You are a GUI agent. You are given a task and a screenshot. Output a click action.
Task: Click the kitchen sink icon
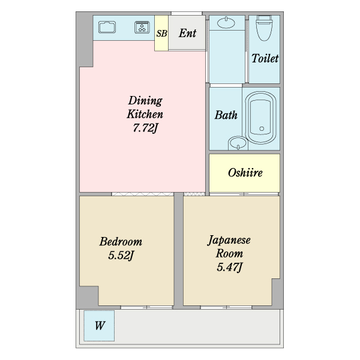(x=107, y=28)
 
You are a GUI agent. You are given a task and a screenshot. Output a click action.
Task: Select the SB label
(x=161, y=34)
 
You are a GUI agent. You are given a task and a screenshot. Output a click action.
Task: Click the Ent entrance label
(x=187, y=34)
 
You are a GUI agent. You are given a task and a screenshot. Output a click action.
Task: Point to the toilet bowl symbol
(x=264, y=27)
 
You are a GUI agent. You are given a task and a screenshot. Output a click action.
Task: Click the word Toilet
(x=265, y=58)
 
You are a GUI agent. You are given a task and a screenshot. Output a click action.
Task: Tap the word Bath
(x=226, y=115)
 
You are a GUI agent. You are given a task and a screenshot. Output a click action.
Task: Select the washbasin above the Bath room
(x=226, y=23)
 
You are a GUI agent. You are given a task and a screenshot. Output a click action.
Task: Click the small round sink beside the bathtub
(x=237, y=143)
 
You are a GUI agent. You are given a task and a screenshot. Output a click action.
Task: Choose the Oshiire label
(x=245, y=173)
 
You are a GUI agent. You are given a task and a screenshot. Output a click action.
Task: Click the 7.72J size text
(x=145, y=127)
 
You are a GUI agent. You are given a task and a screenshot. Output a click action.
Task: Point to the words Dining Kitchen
(x=145, y=107)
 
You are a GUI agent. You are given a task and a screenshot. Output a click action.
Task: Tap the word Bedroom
(x=121, y=242)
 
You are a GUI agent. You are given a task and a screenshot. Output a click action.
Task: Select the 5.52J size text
(x=121, y=256)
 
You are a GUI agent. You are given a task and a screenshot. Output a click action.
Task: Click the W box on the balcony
(x=99, y=326)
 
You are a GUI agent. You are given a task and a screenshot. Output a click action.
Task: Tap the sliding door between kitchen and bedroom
(x=143, y=194)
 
